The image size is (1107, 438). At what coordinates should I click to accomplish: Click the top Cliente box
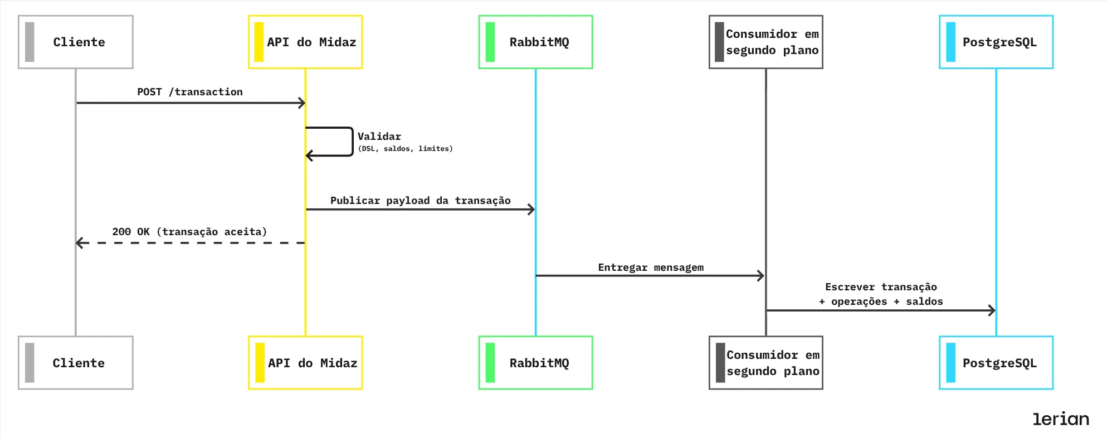(x=76, y=42)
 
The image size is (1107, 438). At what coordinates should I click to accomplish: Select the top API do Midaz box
(x=305, y=42)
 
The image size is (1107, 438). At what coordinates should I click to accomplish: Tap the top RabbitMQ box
(x=535, y=42)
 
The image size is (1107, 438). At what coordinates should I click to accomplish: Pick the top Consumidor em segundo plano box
(x=765, y=42)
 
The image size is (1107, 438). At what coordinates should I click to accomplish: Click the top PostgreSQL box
(x=996, y=42)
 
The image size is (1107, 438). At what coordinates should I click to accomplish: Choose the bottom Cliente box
(x=76, y=363)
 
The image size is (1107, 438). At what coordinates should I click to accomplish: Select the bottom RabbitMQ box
(x=535, y=363)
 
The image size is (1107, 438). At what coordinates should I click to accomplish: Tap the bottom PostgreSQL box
(x=996, y=363)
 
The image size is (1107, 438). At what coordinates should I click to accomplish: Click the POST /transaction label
(x=190, y=92)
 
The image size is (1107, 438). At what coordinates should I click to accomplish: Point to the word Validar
(x=379, y=137)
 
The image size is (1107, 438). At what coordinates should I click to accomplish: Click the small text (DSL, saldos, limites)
(x=405, y=149)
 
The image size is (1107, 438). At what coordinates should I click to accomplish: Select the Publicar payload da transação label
(x=420, y=201)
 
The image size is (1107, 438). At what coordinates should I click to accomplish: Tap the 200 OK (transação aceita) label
(x=189, y=232)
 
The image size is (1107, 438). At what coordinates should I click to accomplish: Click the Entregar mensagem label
(x=651, y=267)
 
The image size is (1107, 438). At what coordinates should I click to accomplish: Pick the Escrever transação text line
(x=881, y=287)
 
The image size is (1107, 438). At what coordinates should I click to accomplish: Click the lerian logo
(x=1061, y=419)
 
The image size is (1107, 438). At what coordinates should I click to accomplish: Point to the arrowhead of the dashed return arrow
(x=79, y=243)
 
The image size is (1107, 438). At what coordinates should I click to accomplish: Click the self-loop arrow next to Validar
(x=352, y=142)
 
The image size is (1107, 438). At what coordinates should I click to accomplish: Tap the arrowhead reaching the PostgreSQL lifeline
(x=992, y=310)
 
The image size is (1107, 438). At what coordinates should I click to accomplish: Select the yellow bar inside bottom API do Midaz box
(x=260, y=363)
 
